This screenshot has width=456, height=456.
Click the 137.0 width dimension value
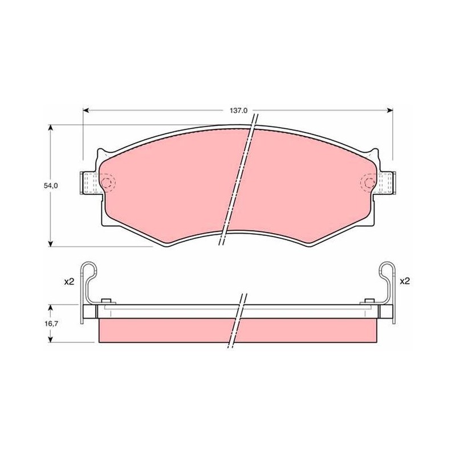tap(238, 111)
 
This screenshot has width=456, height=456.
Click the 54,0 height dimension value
tap(51, 186)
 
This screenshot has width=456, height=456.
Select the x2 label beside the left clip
tap(69, 282)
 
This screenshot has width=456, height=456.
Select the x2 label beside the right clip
tap(405, 281)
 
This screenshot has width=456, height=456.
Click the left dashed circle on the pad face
tap(107, 182)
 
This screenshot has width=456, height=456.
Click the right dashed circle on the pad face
tap(369, 182)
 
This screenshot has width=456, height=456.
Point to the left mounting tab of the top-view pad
tap(91, 182)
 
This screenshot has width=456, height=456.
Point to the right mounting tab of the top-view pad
tap(385, 182)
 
